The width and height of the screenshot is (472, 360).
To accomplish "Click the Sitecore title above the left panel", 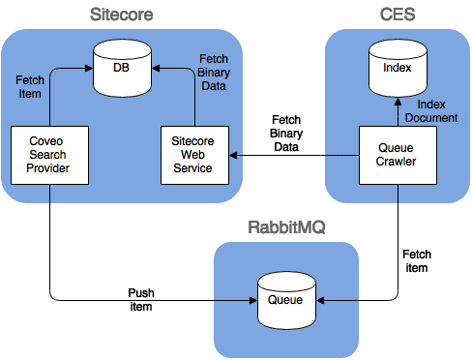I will pos(121,15).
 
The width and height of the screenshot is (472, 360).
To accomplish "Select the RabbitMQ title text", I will pos(286,228).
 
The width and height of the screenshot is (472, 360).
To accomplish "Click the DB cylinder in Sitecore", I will pos(121,69).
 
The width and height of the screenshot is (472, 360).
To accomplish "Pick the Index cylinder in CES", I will pos(398,69).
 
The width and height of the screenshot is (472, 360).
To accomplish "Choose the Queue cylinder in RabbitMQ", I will pos(285,299).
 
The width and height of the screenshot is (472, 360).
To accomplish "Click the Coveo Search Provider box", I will pos(49,155).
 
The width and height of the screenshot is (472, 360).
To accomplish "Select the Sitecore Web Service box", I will pos(192,155).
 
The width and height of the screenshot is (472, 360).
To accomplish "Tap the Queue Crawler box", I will pos(398,155).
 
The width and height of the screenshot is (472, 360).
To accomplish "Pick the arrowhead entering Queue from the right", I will pos(321,300).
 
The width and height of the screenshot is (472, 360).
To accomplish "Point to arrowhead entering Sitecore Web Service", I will pos(233,155).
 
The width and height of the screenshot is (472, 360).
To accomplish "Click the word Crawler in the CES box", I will pos(398,162).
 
